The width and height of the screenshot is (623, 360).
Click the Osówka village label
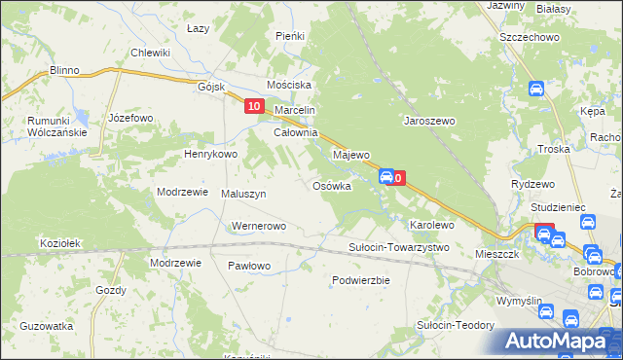(331, 186)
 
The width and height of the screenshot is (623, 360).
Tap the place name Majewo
(351, 155)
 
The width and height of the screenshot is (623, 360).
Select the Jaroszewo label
(430, 122)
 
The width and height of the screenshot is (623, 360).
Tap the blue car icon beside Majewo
(386, 177)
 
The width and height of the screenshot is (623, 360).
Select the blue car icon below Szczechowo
(535, 89)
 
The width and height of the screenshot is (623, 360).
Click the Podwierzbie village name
(360, 280)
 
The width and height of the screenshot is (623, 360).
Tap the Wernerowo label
(258, 227)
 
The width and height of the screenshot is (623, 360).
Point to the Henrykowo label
(211, 154)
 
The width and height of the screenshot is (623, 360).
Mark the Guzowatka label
(47, 326)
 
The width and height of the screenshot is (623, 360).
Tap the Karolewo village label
(432, 225)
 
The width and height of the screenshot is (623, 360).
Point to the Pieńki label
(290, 36)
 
